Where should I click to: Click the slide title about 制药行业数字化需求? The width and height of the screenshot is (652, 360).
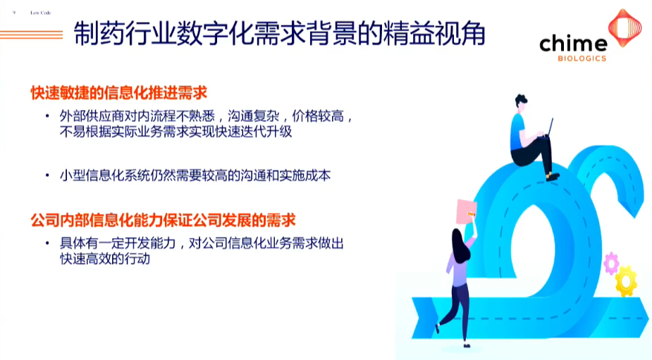pos(279,33)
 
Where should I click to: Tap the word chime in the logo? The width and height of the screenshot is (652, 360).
pos(573,44)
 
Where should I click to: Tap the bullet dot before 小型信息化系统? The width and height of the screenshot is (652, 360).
pos(47,175)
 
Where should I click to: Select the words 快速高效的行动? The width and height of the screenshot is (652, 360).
pos(106,259)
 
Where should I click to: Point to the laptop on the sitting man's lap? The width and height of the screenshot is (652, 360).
pos(546,130)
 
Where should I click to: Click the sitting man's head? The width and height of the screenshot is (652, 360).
pos(520,101)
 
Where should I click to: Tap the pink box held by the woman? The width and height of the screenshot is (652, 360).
pos(466,210)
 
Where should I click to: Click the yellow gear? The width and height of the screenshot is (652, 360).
pos(625,280)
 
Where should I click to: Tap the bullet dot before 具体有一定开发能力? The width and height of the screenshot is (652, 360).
pos(47,244)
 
